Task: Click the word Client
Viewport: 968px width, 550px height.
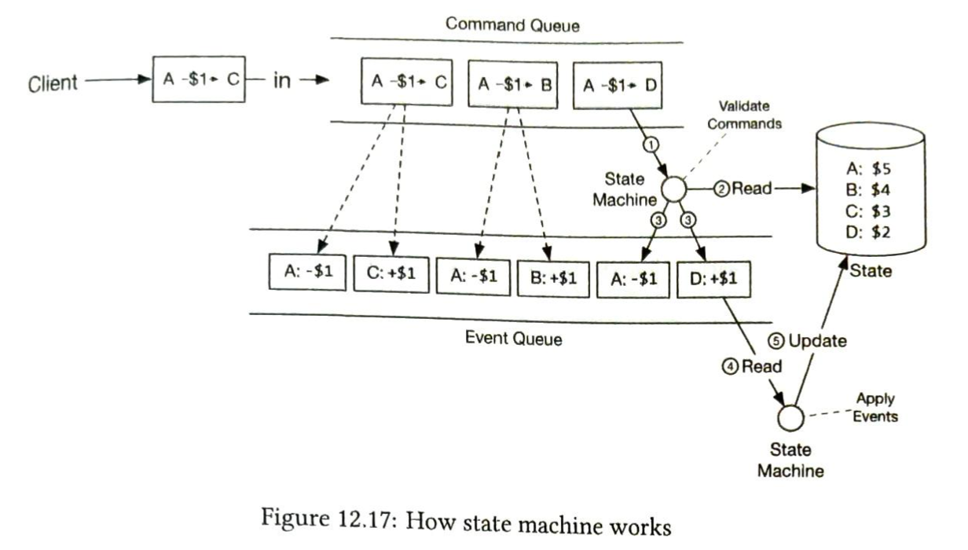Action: tap(53, 82)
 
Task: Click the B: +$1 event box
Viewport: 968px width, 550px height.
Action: tap(553, 276)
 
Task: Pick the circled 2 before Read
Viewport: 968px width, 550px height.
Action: tap(720, 189)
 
